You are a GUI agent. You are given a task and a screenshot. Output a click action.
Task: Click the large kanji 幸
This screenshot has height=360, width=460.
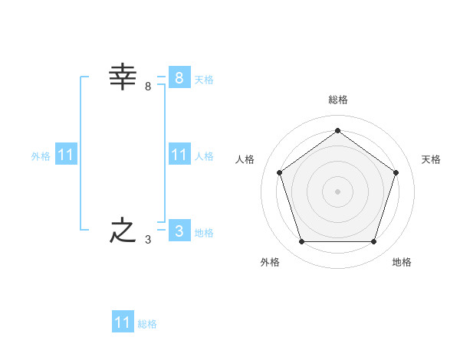coord(123,77)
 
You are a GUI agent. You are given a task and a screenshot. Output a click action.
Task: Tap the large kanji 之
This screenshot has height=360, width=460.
coord(123,231)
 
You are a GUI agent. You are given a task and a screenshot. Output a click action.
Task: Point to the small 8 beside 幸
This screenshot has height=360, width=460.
coord(148,87)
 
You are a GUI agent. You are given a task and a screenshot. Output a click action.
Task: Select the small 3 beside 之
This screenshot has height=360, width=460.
coord(148,240)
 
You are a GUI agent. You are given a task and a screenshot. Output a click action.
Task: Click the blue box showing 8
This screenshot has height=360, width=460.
coord(179,77)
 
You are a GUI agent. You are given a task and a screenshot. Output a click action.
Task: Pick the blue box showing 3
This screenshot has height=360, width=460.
coord(179,231)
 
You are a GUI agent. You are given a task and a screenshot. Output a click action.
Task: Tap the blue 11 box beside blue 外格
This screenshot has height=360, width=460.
coord(66,155)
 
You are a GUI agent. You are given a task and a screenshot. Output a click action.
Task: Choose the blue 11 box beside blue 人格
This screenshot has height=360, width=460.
coord(179,155)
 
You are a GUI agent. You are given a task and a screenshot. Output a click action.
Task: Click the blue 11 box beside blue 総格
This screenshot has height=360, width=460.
coord(123,322)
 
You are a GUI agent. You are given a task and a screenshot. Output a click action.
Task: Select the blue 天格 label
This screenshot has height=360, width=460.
coord(204,80)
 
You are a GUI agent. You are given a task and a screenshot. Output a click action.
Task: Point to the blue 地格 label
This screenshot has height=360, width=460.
coord(204,233)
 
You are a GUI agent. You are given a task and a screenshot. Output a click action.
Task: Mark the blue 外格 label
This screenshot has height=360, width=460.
coord(41,156)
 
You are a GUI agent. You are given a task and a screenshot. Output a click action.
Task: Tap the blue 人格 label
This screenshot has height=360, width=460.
coord(204,156)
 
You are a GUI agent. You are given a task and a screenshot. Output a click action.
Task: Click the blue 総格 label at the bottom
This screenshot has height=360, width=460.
coord(147,324)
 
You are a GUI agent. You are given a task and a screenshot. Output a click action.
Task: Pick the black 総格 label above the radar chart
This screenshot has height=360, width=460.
coord(337,100)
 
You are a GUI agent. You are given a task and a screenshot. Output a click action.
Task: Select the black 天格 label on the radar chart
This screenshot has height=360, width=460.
coord(431,159)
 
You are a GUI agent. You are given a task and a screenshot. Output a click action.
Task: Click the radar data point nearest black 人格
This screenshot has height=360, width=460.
coord(279,172)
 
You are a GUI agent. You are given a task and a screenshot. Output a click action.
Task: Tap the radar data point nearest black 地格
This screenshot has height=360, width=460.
coord(373,242)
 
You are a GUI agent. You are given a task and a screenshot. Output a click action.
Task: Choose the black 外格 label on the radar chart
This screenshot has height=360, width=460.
coord(270,262)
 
